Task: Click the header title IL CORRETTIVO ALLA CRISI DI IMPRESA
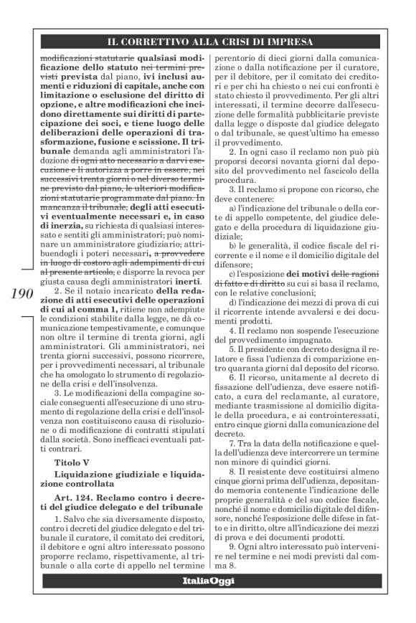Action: [x=207, y=42]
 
